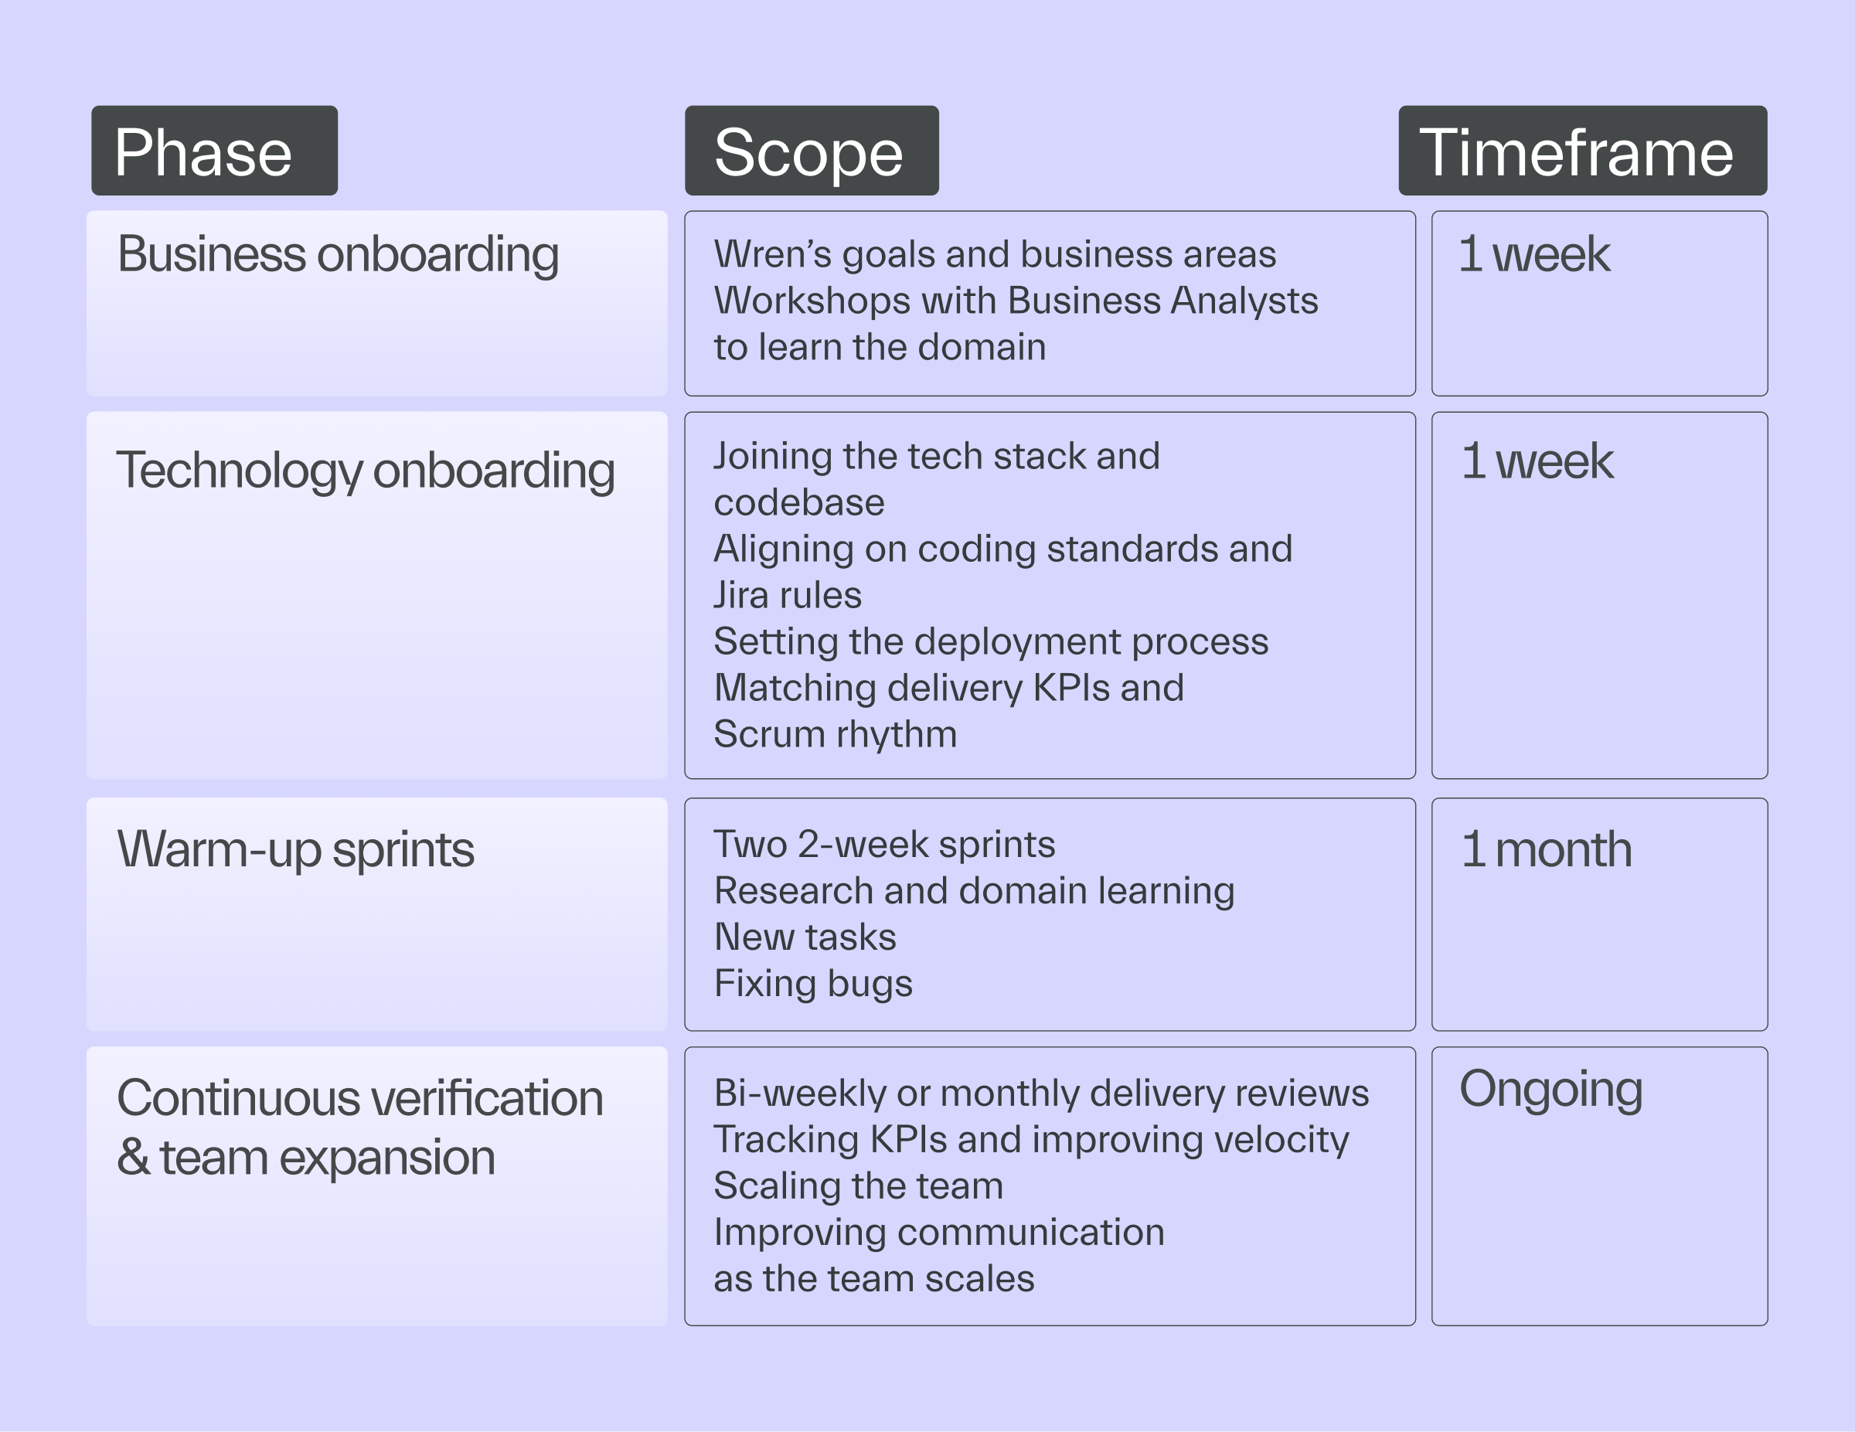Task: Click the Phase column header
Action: pyautogui.click(x=214, y=151)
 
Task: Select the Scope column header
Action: pyautogui.click(x=811, y=151)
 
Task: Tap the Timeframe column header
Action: pyautogui.click(x=1582, y=151)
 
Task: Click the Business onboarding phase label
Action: pyautogui.click(x=338, y=255)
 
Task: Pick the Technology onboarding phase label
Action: pyautogui.click(x=366, y=471)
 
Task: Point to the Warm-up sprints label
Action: pyautogui.click(x=295, y=850)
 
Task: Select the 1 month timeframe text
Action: pyautogui.click(x=1547, y=849)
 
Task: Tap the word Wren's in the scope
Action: pyautogui.click(x=773, y=254)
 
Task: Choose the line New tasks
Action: pyautogui.click(x=805, y=937)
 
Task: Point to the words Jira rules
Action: pyautogui.click(x=788, y=595)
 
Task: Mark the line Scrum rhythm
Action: pyautogui.click(x=836, y=735)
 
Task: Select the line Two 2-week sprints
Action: pyautogui.click(x=884, y=844)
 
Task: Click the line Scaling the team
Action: pyautogui.click(x=859, y=1186)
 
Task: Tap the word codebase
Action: pyautogui.click(x=799, y=503)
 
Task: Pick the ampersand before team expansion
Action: pyautogui.click(x=134, y=1157)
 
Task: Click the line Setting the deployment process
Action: pyautogui.click(x=991, y=642)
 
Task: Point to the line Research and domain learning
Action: pyautogui.click(x=974, y=891)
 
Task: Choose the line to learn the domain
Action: pyautogui.click(x=880, y=348)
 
